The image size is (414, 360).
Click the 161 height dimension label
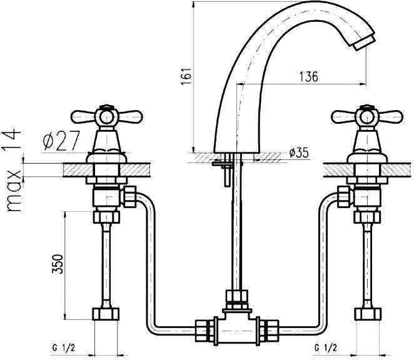click(x=186, y=76)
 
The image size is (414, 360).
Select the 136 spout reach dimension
click(x=309, y=76)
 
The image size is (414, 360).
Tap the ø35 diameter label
click(x=299, y=153)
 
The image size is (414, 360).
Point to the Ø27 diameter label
click(x=61, y=141)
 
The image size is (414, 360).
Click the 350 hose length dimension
click(x=58, y=264)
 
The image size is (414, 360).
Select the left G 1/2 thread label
click(x=64, y=348)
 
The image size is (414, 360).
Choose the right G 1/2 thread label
click(x=326, y=348)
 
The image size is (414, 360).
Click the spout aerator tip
click(x=364, y=43)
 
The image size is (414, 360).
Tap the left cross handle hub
click(x=106, y=116)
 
